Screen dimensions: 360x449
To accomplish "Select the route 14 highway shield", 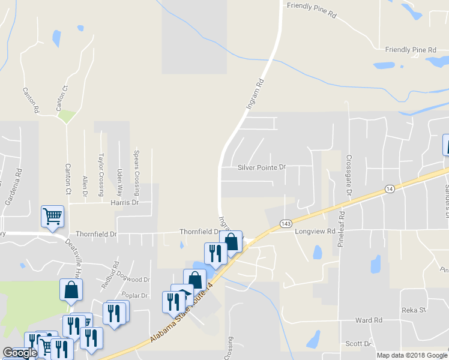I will coord(390,188).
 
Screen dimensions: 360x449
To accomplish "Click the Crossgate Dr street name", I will coord(348,175).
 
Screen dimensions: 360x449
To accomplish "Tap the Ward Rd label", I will coord(369,321).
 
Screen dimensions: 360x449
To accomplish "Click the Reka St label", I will coord(414,310).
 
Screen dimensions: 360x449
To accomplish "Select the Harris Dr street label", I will coord(125,203).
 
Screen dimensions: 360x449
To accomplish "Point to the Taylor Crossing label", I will coord(101,166).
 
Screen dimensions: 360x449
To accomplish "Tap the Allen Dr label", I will coord(85,187).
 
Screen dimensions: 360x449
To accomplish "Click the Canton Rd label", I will coord(31,101).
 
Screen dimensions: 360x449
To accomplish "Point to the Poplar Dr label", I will coord(134,296).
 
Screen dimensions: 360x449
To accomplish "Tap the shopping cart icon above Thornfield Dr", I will coord(52,217).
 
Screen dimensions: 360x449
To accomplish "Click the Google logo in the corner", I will coord(20,353).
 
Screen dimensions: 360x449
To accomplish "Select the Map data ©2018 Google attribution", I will coord(411,355).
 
